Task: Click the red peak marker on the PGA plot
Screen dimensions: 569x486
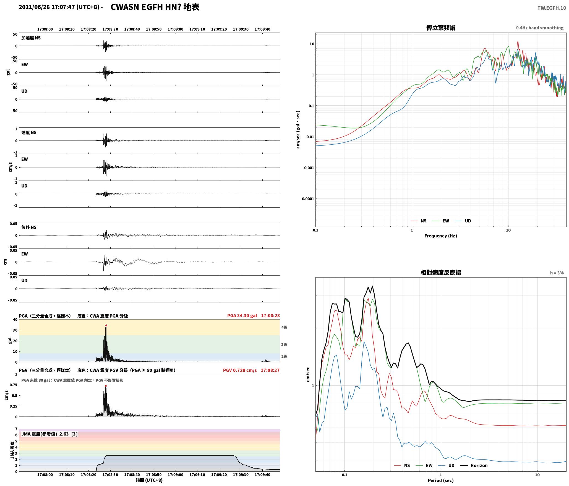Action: pyautogui.click(x=106, y=325)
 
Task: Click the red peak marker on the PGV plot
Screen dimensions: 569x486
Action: pyautogui.click(x=106, y=386)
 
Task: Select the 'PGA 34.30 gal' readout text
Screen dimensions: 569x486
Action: pyautogui.click(x=242, y=316)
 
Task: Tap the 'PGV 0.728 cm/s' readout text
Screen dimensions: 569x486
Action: pyautogui.click(x=240, y=370)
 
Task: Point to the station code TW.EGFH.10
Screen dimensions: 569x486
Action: pyautogui.click(x=552, y=8)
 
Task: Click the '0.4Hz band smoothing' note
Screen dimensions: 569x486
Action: pyautogui.click(x=540, y=28)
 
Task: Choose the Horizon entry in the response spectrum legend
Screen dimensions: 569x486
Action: pyautogui.click(x=474, y=466)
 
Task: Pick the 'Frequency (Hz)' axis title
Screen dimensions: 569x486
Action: pyautogui.click(x=441, y=236)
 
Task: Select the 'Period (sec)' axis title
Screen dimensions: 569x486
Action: pyautogui.click(x=441, y=480)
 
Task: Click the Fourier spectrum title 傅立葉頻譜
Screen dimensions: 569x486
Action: pyautogui.click(x=441, y=28)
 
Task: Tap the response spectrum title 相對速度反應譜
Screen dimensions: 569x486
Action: pyautogui.click(x=441, y=273)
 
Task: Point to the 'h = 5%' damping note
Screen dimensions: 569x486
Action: pyautogui.click(x=557, y=273)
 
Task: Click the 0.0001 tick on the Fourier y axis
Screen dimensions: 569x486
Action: pyautogui.click(x=308, y=199)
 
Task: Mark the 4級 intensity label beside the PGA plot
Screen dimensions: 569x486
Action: pyautogui.click(x=284, y=327)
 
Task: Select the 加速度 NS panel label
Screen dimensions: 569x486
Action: pyautogui.click(x=31, y=38)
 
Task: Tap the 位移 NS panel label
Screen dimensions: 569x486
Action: pyautogui.click(x=29, y=227)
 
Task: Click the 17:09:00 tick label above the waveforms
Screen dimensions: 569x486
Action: pyautogui.click(x=176, y=29)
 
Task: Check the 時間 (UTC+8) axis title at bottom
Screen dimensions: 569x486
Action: pyautogui.click(x=149, y=480)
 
